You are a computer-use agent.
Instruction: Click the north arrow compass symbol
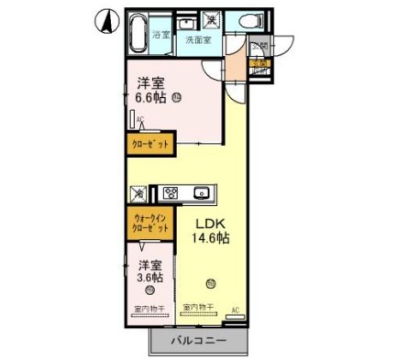tap(105, 17)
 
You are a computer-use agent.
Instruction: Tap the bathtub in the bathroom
tap(138, 33)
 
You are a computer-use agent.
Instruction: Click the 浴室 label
tap(161, 34)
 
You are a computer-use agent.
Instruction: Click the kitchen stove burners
tap(170, 193)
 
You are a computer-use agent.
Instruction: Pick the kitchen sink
tap(201, 193)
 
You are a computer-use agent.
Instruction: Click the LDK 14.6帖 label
tap(210, 229)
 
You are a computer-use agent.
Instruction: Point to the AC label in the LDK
tap(235, 311)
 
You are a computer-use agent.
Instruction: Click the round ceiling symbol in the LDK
tap(210, 282)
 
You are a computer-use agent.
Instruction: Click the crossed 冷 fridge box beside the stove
tap(138, 193)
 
